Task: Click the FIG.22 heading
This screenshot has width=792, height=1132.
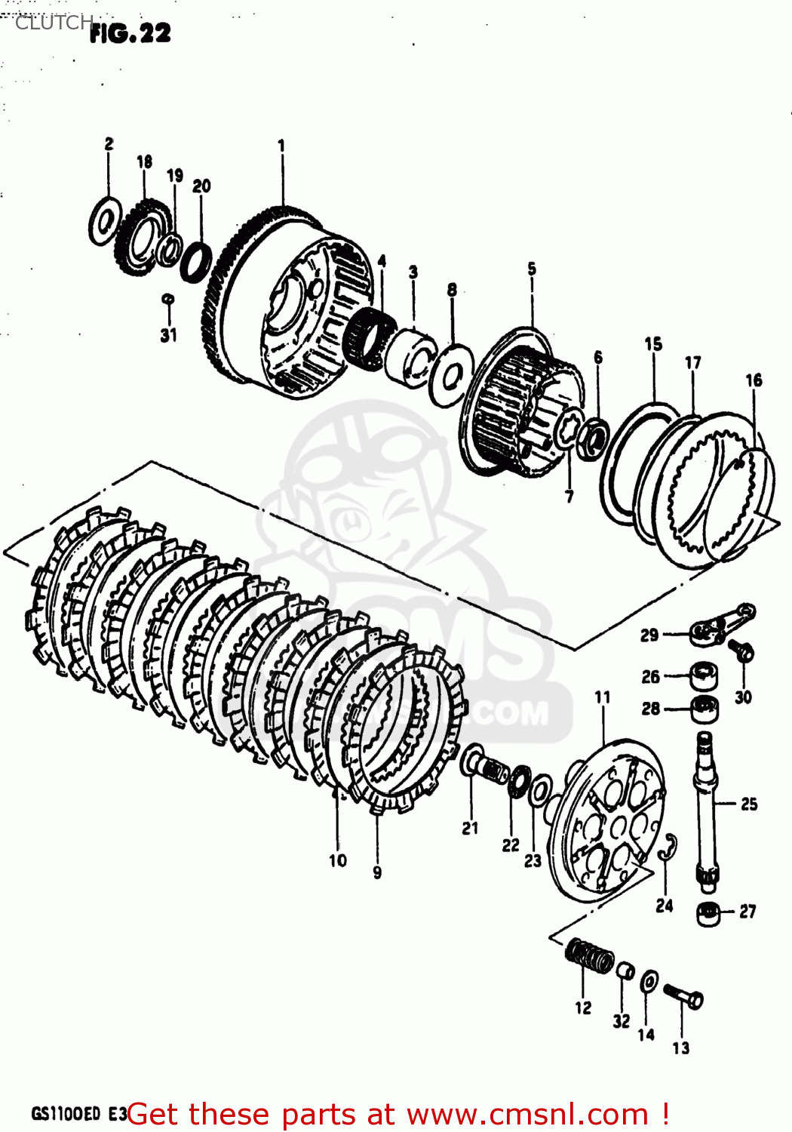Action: pyautogui.click(x=130, y=32)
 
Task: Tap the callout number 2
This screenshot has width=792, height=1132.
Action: pyautogui.click(x=109, y=143)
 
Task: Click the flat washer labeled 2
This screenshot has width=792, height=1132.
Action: pyautogui.click(x=104, y=220)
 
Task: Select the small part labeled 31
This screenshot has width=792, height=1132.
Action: pyautogui.click(x=169, y=300)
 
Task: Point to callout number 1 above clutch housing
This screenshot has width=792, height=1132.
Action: pyautogui.click(x=281, y=145)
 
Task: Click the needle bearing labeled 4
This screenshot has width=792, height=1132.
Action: pyautogui.click(x=370, y=340)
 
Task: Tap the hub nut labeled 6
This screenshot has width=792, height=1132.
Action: pyautogui.click(x=595, y=438)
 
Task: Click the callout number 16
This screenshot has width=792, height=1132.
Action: pyautogui.click(x=754, y=380)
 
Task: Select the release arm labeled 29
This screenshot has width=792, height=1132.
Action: pyautogui.click(x=720, y=626)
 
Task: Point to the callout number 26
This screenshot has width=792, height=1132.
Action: pyautogui.click(x=650, y=677)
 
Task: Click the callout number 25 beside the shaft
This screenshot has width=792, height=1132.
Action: pyautogui.click(x=748, y=804)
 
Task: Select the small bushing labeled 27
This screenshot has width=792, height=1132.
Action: pyautogui.click(x=708, y=914)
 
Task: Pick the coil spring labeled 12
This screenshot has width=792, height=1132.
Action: pyautogui.click(x=590, y=957)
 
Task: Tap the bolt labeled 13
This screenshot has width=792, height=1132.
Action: pyautogui.click(x=684, y=996)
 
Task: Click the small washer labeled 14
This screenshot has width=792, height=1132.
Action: pyautogui.click(x=649, y=983)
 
